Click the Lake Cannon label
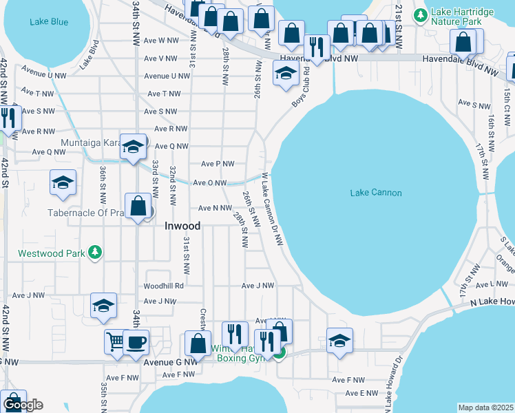375,193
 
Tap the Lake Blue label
49,22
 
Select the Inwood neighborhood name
182,226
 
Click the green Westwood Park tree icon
96,253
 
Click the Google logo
22,405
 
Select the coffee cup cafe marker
136,342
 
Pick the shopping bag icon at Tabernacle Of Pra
138,206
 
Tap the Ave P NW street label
218,164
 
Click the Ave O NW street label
209,183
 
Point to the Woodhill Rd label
163,286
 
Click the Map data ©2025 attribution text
485,407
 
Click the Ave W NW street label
164,41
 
